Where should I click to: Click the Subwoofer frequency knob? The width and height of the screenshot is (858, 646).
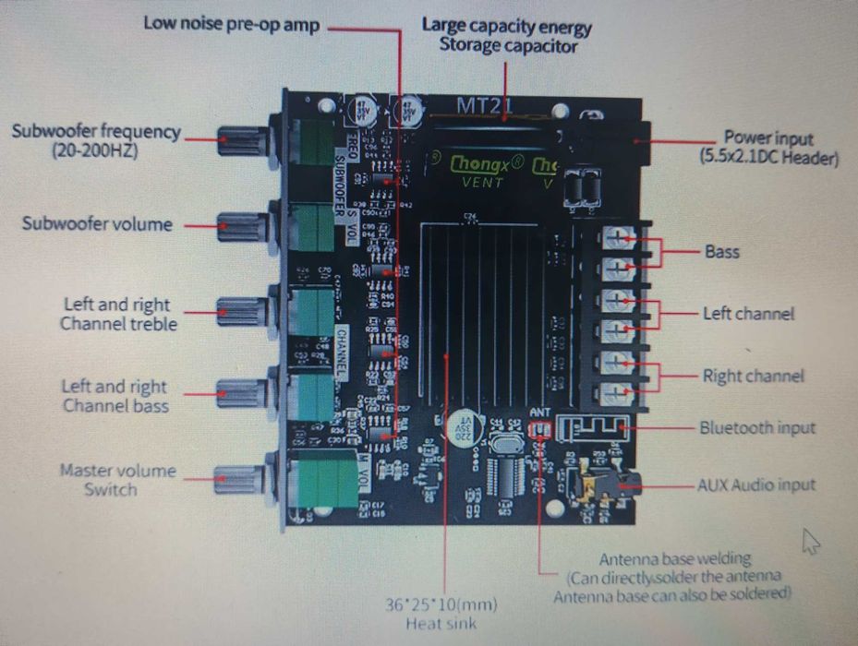click(x=242, y=142)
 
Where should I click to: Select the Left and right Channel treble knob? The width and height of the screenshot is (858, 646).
click(x=242, y=311)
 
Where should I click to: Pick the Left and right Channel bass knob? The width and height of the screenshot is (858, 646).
click(x=242, y=394)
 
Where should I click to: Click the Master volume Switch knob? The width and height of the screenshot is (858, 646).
click(x=238, y=478)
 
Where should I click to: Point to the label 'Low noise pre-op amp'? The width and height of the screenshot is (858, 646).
click(x=231, y=23)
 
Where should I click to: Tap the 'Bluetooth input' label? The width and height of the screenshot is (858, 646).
click(x=757, y=427)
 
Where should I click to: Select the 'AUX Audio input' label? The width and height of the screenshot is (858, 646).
click(x=756, y=484)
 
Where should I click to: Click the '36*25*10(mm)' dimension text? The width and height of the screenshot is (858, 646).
click(x=441, y=606)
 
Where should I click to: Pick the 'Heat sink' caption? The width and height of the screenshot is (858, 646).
click(x=441, y=625)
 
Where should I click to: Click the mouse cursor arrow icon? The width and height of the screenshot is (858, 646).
click(x=811, y=542)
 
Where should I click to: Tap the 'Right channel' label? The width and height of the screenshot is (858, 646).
click(x=753, y=376)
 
